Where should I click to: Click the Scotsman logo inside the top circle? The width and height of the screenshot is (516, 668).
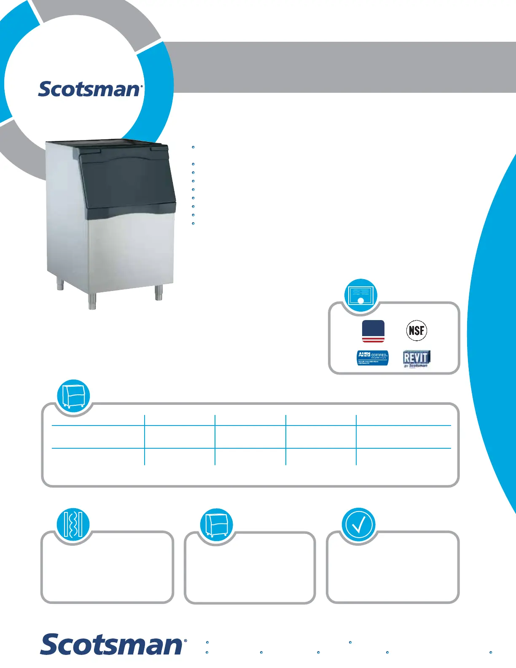90,89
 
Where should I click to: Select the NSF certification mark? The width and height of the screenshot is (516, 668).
417,330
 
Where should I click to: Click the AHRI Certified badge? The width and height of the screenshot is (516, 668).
373,358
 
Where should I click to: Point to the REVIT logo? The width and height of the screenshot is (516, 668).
417,358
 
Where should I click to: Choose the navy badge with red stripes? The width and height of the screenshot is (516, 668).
373,331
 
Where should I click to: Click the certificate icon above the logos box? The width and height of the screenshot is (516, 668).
360,295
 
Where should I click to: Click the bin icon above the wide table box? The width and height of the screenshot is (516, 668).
73,396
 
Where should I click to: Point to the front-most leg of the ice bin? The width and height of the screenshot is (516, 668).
92,300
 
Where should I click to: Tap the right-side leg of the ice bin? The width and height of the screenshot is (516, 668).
159,292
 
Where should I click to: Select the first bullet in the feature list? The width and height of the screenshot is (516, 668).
193,147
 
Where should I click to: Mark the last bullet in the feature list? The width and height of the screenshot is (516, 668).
193,224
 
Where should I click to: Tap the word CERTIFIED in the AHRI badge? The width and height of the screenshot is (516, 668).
379,355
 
